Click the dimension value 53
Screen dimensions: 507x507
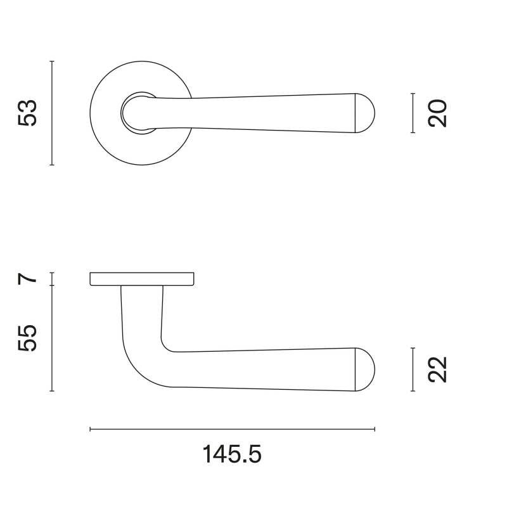coord(29,113)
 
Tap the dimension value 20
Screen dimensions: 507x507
coord(438,113)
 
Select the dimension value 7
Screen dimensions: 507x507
coord(29,279)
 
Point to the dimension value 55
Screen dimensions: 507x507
coord(29,338)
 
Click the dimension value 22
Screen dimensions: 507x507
coord(438,369)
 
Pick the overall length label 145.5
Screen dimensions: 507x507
coord(232,454)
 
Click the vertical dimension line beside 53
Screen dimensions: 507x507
coord(52,113)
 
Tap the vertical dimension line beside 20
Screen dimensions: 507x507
coord(413,113)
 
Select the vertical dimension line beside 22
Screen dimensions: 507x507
coord(413,369)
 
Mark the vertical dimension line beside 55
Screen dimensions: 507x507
coord(52,338)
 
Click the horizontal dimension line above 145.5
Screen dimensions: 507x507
coord(232,430)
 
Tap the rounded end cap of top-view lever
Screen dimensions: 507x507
coord(365,113)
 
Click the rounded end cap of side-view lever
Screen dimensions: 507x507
coord(365,369)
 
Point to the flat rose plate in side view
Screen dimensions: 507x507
coord(142,279)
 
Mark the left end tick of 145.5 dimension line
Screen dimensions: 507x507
coord(91,430)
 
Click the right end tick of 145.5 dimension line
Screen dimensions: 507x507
coord(375,430)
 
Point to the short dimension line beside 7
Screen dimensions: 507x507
coord(52,279)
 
